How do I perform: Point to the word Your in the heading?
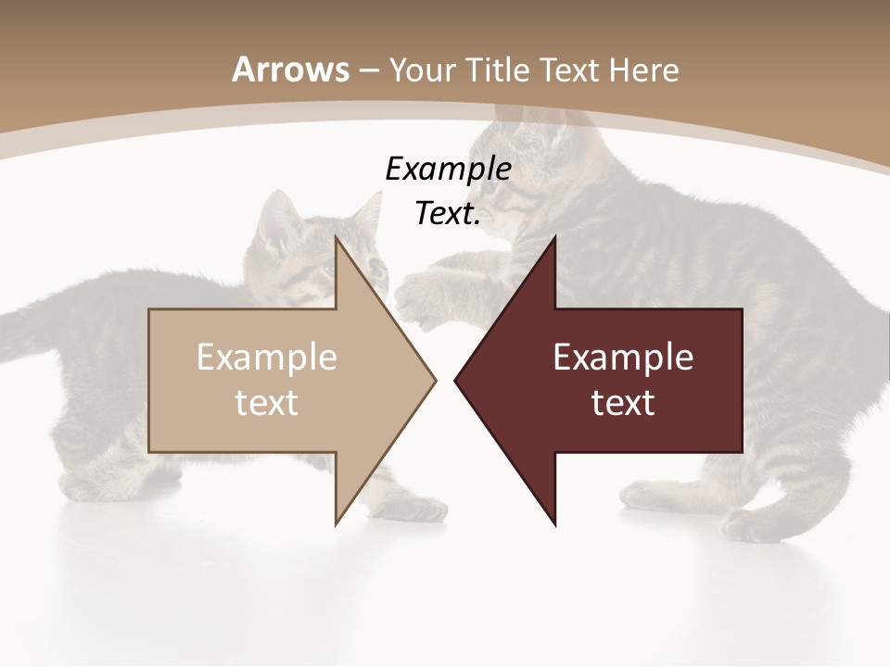(x=422, y=70)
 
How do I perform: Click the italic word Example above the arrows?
(x=448, y=169)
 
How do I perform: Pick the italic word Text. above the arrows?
(x=448, y=214)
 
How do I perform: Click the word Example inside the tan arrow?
(x=267, y=357)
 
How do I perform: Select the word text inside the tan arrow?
(x=267, y=402)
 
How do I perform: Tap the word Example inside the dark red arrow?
(x=623, y=357)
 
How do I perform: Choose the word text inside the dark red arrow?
(x=623, y=402)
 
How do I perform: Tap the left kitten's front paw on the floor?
(x=422, y=509)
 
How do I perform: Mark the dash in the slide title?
(x=368, y=70)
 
